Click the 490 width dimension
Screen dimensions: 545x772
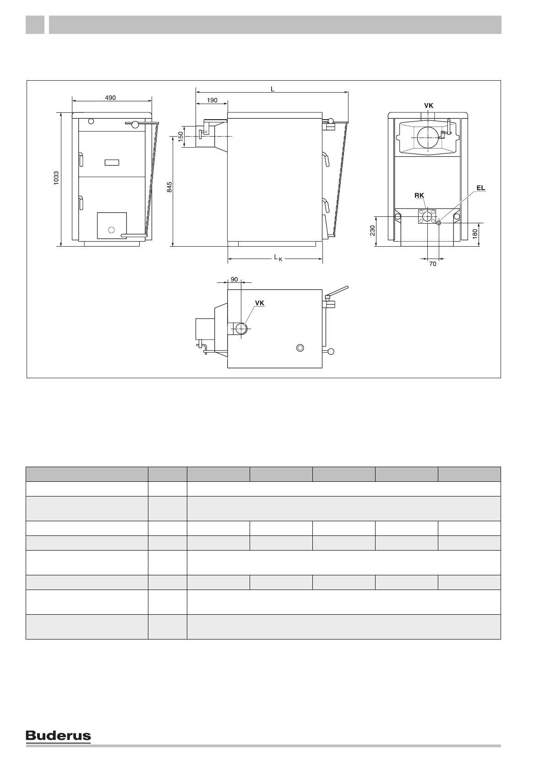click(x=110, y=98)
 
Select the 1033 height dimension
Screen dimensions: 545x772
click(x=56, y=178)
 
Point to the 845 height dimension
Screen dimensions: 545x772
click(x=169, y=187)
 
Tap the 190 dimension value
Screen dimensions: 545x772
click(x=213, y=100)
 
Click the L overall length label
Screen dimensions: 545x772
click(x=272, y=89)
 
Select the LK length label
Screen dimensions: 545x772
click(x=278, y=258)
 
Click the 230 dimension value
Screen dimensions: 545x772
click(x=372, y=231)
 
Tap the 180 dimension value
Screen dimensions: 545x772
click(x=475, y=234)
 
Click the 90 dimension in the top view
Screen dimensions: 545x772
click(x=234, y=280)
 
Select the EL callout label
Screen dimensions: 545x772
click(x=480, y=188)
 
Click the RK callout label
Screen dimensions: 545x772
click(x=420, y=195)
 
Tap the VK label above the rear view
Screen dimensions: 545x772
click(x=429, y=106)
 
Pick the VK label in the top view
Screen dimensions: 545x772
click(x=260, y=303)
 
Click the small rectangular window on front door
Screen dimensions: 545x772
click(x=112, y=162)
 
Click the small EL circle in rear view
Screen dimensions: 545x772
click(x=439, y=223)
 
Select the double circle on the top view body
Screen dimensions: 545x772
click(x=300, y=348)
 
